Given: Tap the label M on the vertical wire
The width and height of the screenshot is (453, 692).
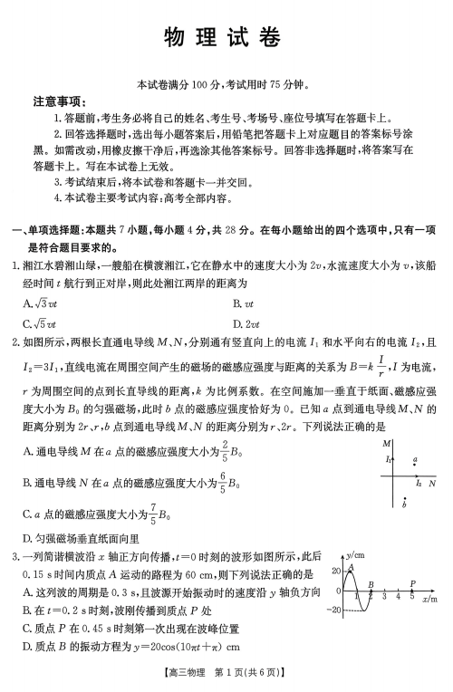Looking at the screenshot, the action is coord(387,443).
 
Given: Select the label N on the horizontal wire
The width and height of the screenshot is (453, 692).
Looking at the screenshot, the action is coord(432,484).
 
